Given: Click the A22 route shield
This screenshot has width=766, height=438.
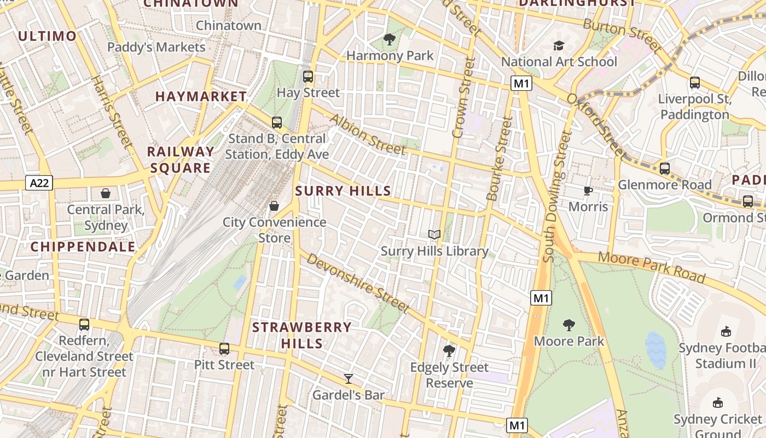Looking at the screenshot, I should coord(39,183).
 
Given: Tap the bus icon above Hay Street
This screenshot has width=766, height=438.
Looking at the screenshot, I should coord(308,77).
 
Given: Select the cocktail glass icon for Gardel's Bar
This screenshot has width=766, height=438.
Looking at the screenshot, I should coord(348,378).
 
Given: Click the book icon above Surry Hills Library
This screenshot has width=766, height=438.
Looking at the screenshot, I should coord(434,235).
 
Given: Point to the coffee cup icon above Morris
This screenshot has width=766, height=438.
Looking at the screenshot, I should coord(588,191).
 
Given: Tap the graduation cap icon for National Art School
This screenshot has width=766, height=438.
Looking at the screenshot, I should coord(559,45).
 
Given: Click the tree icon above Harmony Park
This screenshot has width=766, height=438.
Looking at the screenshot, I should coord(390,39).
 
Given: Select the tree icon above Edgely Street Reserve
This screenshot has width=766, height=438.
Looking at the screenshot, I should coord(449,351).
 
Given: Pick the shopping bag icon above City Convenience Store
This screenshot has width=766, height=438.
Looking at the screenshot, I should coord(274,206).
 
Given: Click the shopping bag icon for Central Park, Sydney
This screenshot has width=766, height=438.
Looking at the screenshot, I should coord(106,193).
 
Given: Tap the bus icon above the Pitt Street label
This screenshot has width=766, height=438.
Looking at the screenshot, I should coord(224,348).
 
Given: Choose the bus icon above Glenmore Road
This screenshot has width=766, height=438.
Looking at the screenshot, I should coord(664,169).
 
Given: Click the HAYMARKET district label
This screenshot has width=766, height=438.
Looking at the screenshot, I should coord(201,96).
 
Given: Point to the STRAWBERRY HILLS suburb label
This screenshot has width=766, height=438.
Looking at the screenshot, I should coord(301,335).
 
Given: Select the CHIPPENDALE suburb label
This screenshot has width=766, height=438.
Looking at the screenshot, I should coord(83,247).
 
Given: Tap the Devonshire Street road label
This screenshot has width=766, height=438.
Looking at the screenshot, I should coord(358,283).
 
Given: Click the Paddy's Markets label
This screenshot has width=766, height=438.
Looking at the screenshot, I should coord(156,47).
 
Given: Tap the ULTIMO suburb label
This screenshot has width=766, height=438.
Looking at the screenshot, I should coord(47,36).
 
